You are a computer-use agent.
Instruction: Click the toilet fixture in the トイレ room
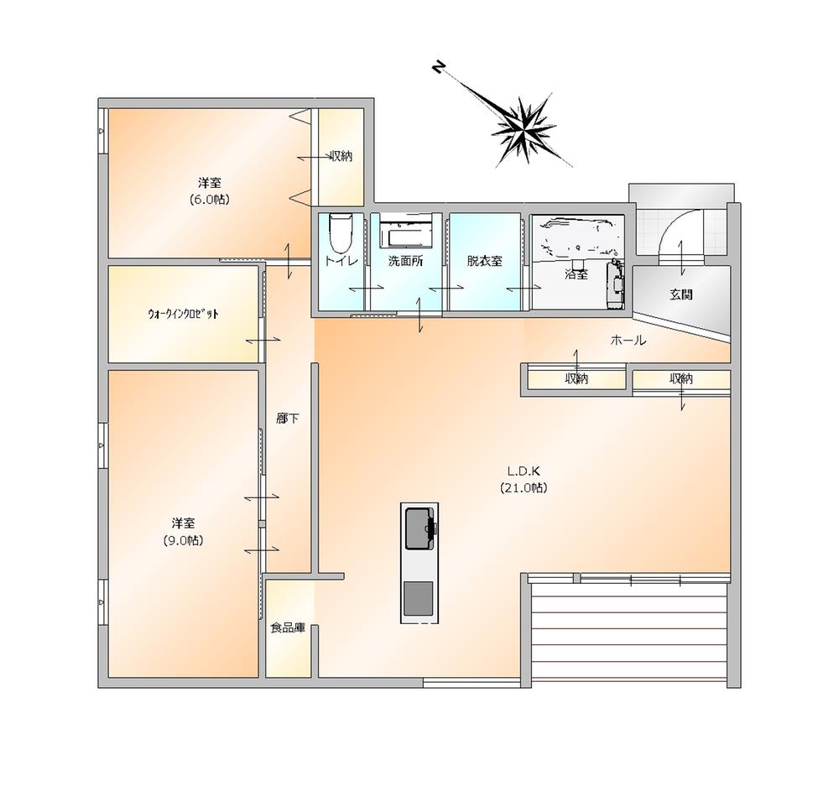pyautogui.click(x=341, y=232)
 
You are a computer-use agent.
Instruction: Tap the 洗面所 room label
pyautogui.click(x=405, y=261)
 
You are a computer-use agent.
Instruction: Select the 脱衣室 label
pyautogui.click(x=485, y=261)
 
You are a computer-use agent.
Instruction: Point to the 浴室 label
pyautogui.click(x=576, y=274)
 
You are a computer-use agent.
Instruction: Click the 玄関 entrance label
pyautogui.click(x=681, y=294)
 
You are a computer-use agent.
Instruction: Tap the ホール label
pyautogui.click(x=628, y=341)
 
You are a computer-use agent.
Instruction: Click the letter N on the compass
pyautogui.click(x=439, y=67)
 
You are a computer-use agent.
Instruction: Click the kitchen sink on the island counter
pyautogui.click(x=419, y=528)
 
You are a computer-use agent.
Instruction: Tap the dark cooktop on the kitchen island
pyautogui.click(x=419, y=599)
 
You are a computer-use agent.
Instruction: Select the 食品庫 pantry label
pyautogui.click(x=288, y=627)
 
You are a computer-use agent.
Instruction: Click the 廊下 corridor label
pyautogui.click(x=288, y=419)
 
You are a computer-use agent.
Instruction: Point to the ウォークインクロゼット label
pyautogui.click(x=183, y=314)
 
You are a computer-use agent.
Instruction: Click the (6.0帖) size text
pyautogui.click(x=209, y=200)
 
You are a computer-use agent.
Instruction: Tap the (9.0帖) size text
pyautogui.click(x=183, y=540)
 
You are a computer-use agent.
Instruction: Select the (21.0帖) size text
pyautogui.click(x=524, y=488)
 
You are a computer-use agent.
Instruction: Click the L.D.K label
pyautogui.click(x=524, y=471)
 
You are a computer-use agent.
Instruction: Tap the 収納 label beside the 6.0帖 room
pyautogui.click(x=341, y=157)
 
